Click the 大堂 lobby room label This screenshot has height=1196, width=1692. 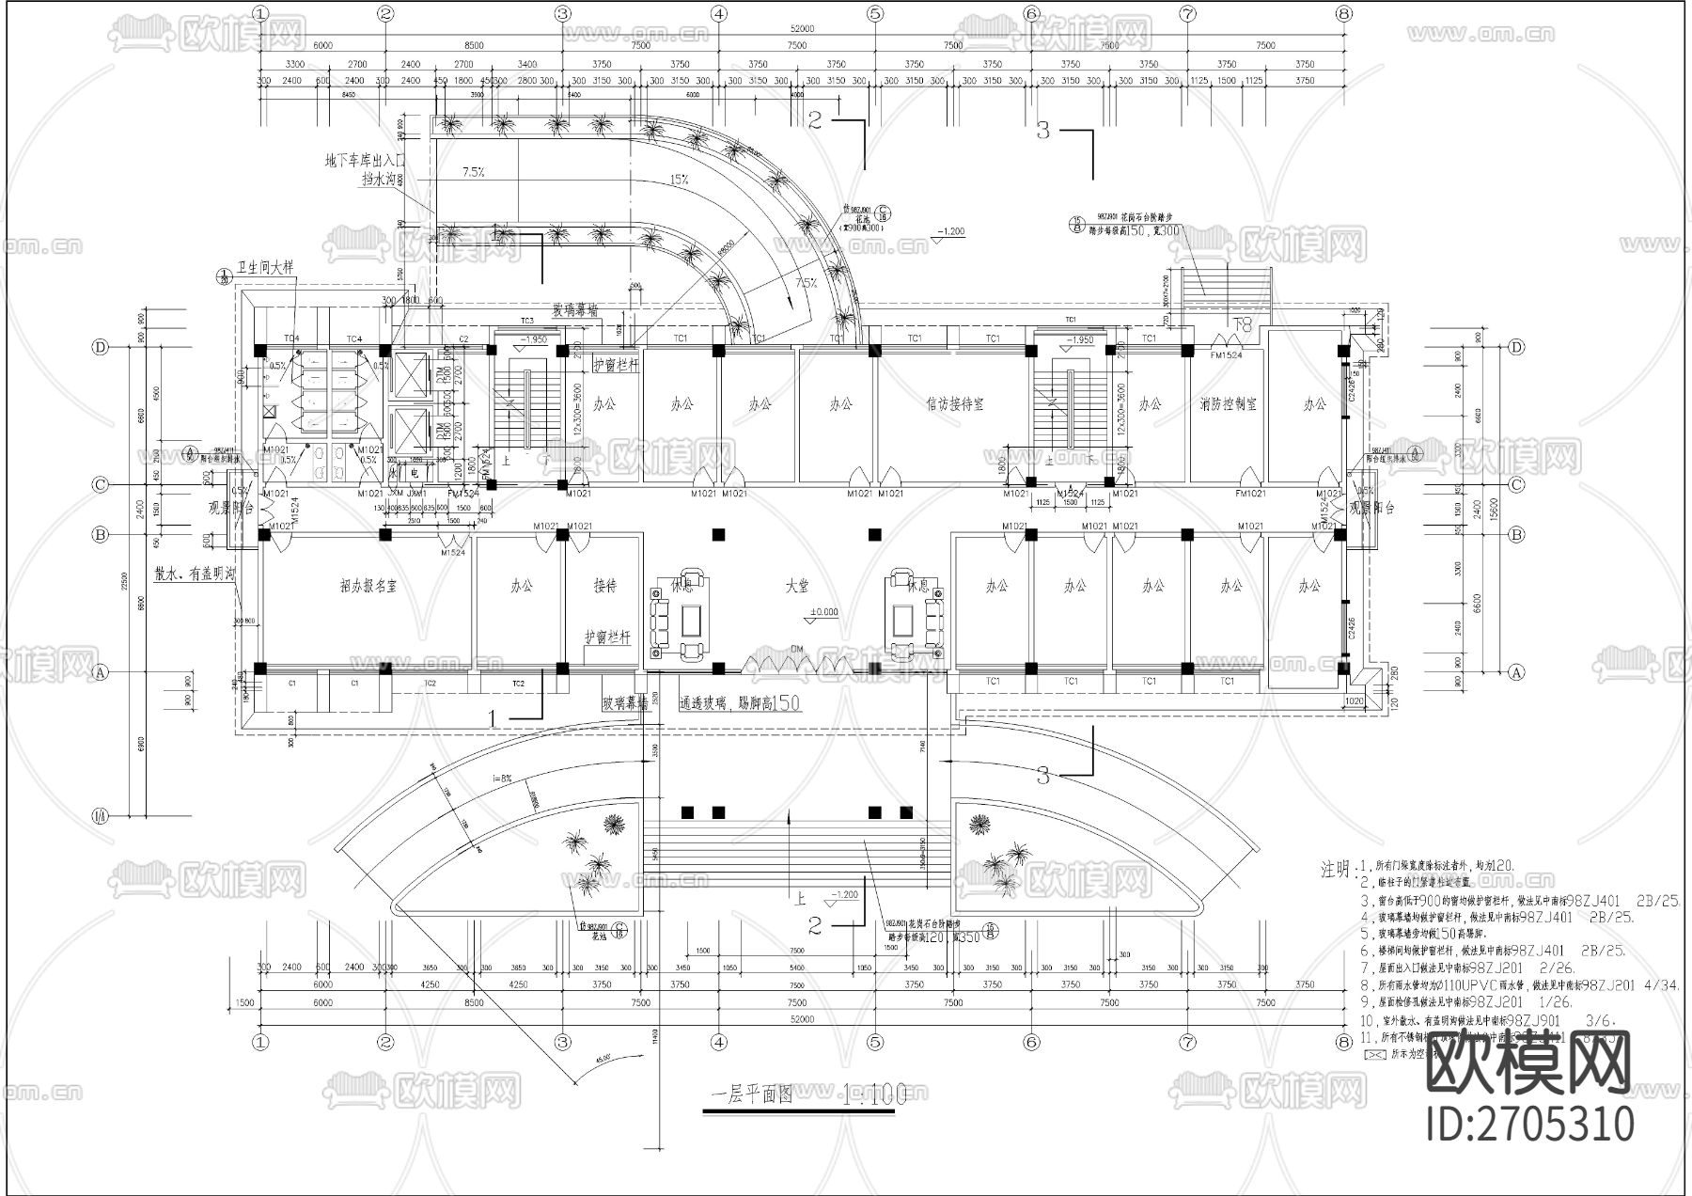[x=797, y=585]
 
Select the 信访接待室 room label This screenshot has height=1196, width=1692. [x=954, y=404]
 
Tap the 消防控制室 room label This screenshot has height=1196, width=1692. [x=1228, y=404]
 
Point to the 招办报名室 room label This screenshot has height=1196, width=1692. [x=368, y=585]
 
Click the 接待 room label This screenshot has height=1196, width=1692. [x=605, y=585]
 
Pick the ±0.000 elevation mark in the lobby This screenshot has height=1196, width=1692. [x=822, y=612]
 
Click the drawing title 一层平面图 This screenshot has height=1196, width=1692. [x=752, y=1094]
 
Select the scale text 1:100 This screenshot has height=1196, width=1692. [x=875, y=1094]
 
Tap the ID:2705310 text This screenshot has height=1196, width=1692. [x=1530, y=1125]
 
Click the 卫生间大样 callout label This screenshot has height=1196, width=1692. [x=266, y=267]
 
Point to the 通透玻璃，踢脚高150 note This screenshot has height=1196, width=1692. [x=740, y=702]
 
